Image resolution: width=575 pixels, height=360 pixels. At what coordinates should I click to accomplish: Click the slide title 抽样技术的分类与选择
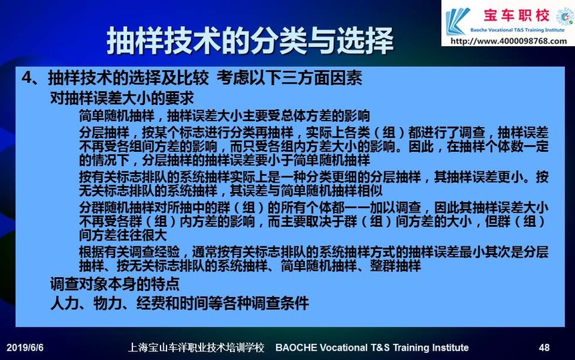coord(250,40)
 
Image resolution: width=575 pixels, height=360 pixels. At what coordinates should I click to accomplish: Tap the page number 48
coord(544,347)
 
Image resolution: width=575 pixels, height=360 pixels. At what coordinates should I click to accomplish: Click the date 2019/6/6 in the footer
coord(25,347)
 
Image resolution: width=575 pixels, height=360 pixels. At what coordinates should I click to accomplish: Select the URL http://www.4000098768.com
coord(508,41)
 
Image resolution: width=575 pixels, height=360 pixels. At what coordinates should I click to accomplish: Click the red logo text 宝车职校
coord(516,15)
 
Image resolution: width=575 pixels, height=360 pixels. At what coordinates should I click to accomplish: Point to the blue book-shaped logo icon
coord(457,21)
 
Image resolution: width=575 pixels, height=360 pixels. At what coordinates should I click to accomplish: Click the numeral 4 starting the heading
coord(27,78)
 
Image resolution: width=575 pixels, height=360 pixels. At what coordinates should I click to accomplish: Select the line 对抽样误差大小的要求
coord(122,98)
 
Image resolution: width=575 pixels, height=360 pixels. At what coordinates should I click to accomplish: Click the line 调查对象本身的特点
coord(115,284)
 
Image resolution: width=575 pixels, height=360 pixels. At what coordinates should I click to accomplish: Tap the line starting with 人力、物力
coord(179,303)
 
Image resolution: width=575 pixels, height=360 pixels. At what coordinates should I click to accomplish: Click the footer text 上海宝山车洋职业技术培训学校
coord(196,347)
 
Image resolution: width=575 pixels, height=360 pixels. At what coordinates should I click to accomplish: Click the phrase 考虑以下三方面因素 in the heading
coord(290,78)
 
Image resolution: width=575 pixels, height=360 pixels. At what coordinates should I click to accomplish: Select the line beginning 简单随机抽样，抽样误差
coord(225,116)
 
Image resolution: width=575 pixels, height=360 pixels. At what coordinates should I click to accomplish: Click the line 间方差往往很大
coord(123,235)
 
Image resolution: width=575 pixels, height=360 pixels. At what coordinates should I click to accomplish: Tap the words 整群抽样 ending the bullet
coord(395,266)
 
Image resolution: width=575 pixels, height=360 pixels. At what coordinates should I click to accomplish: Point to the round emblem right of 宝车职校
coord(565,17)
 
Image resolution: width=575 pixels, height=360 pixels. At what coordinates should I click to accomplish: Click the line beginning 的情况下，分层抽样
coord(225,160)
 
